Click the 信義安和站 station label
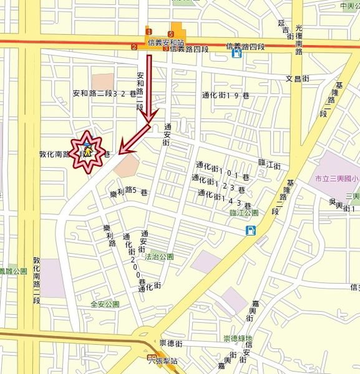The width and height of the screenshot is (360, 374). point(166,42)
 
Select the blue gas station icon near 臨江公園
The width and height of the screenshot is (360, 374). point(250,231)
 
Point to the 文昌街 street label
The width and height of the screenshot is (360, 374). point(298,79)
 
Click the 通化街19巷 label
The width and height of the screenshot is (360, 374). point(225,95)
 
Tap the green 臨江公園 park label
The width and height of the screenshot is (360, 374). point(244,213)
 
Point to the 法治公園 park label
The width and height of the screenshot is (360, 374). point(160,256)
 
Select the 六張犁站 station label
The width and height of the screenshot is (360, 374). point(165,361)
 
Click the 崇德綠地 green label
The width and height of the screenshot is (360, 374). point(238,338)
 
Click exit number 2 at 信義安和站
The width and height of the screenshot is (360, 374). point(134,47)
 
